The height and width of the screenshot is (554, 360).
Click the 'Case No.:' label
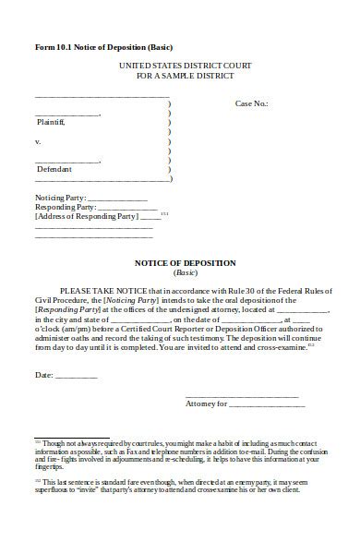point(253,104)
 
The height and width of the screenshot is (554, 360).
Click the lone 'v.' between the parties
point(38,142)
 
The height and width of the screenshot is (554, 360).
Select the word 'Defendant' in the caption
point(54,169)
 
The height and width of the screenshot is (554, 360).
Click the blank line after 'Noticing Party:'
point(117,199)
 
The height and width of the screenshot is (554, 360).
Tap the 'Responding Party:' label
point(65,207)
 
